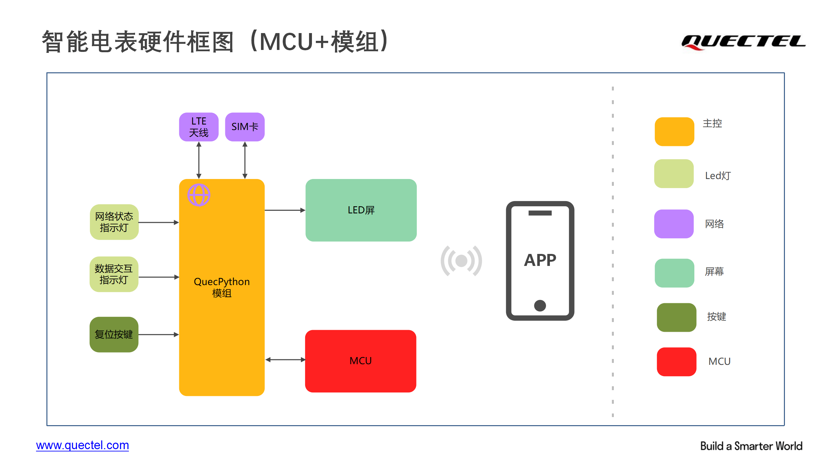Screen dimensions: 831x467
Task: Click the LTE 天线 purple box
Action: point(199,127)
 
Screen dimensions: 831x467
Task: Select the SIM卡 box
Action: point(245,127)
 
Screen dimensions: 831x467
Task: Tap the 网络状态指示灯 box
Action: point(114,222)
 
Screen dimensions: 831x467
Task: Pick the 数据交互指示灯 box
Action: point(114,274)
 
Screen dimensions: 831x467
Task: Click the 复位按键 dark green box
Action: point(114,334)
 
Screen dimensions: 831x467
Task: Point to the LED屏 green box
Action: point(361,210)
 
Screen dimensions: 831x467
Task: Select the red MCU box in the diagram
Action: point(361,361)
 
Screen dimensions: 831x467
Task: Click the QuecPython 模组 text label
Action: point(222,287)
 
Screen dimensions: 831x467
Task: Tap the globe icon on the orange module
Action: point(199,195)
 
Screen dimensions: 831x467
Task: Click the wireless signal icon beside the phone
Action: point(461,261)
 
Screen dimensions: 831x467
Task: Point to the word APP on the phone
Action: point(540,260)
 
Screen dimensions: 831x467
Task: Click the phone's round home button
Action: point(540,305)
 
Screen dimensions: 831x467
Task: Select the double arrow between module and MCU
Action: point(285,360)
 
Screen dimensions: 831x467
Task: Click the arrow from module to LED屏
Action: point(285,210)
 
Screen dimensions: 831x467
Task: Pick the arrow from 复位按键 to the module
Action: point(159,334)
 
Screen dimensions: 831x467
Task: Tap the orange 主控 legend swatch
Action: point(675,132)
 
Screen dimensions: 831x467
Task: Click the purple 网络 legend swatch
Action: point(674,224)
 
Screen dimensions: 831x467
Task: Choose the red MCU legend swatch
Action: point(676,362)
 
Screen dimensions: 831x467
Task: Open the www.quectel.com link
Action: point(82,446)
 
